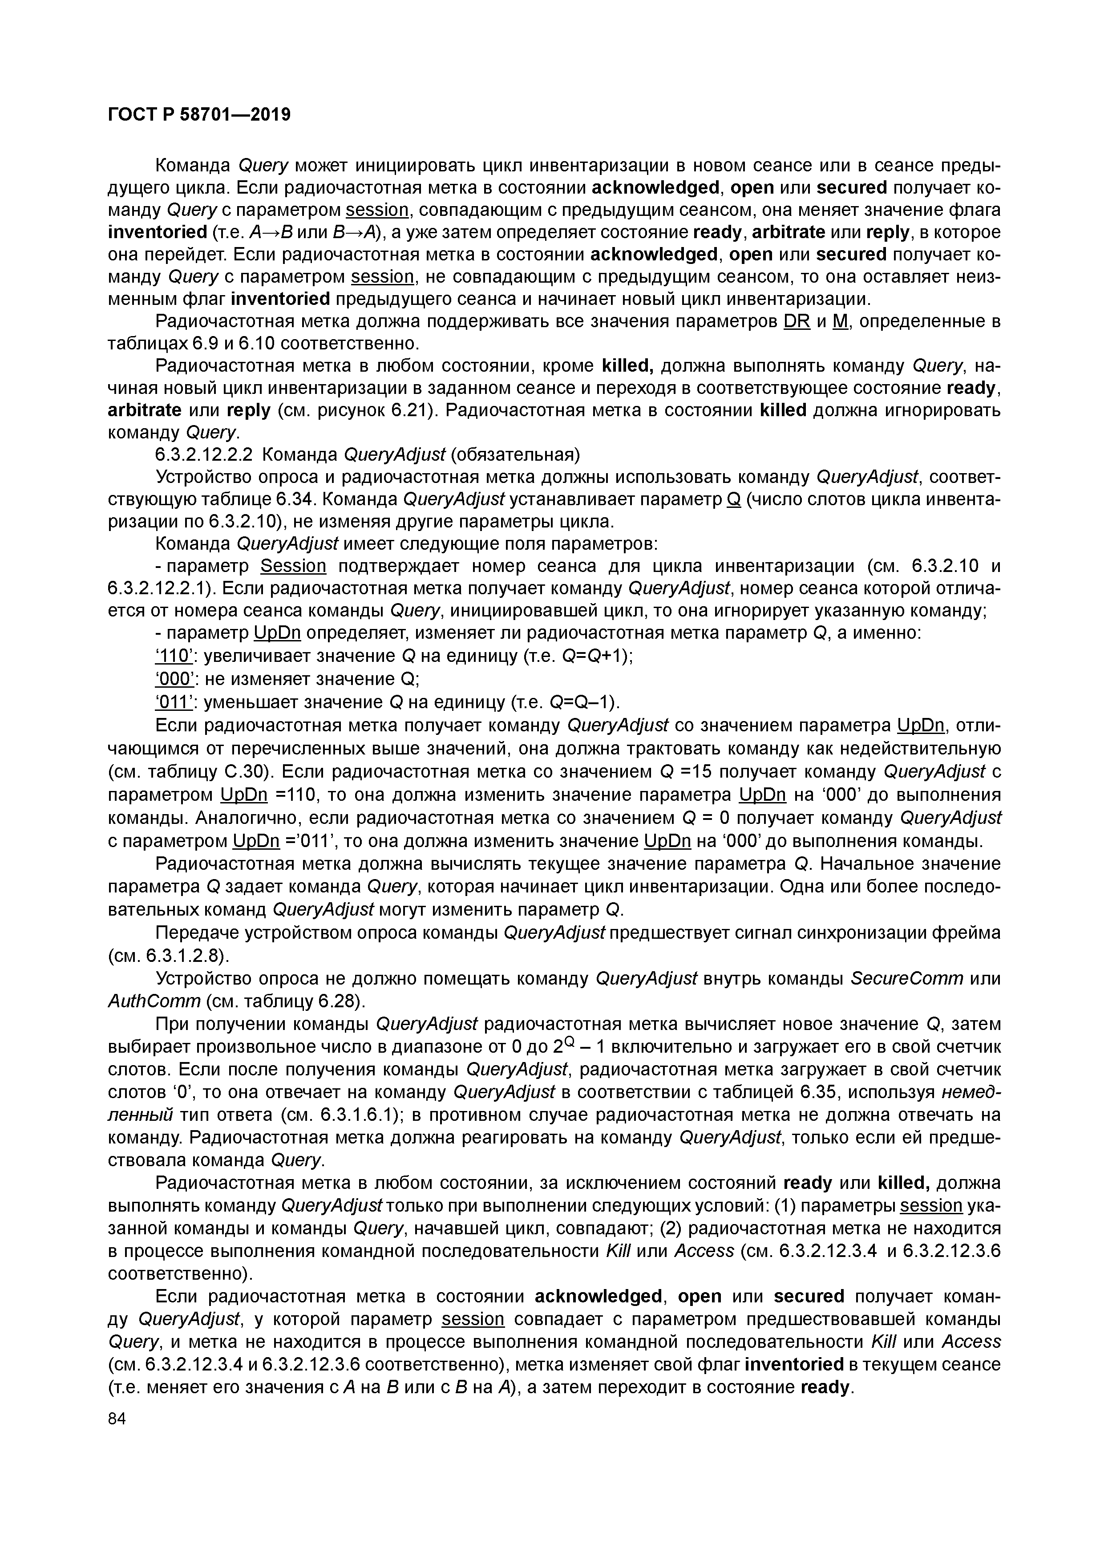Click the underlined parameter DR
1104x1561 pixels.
tap(797, 321)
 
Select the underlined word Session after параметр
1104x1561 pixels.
tap(294, 566)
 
